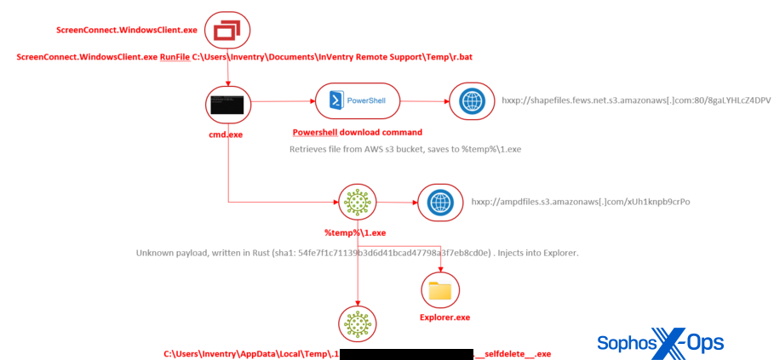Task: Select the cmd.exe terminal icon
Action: pos(228,105)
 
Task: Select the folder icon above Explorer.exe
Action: pos(440,290)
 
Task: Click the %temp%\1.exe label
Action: pos(355,232)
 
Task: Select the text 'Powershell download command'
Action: pos(357,133)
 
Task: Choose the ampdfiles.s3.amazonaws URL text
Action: pos(580,202)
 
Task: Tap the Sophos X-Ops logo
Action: pos(660,342)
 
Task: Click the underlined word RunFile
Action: pos(175,57)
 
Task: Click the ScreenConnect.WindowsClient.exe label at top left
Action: pos(127,30)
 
